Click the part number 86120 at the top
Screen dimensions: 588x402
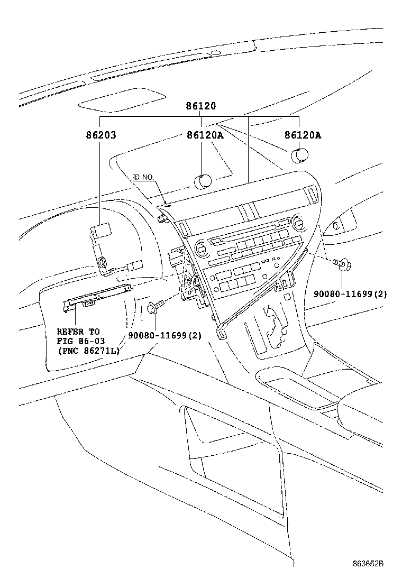[200, 106]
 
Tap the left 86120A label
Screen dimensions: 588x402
[205, 135]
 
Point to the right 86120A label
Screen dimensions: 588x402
[303, 135]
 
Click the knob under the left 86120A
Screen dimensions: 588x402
[203, 181]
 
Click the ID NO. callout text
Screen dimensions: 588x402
[143, 177]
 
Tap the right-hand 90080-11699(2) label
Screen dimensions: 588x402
[350, 294]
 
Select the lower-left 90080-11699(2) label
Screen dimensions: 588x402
[165, 335]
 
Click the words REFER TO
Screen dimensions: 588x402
[78, 332]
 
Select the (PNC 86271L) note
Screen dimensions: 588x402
[88, 351]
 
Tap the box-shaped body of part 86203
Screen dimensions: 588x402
[102, 231]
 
